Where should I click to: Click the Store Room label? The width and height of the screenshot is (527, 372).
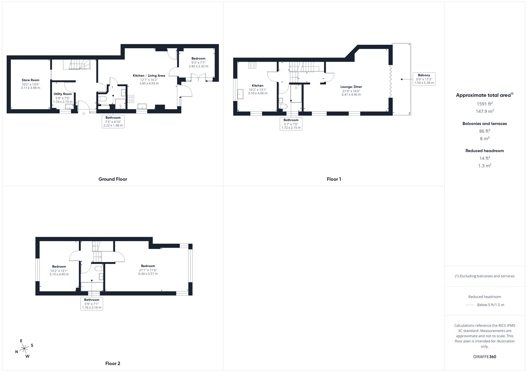[x=30, y=80]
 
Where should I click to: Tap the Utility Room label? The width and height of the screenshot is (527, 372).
[x=63, y=94]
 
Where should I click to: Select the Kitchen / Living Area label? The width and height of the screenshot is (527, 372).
[x=149, y=76]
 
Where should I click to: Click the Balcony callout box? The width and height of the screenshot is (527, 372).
[x=424, y=79]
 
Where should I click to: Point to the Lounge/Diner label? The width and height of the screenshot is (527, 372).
[x=351, y=87]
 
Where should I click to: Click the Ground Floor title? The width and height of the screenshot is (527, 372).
[x=113, y=179]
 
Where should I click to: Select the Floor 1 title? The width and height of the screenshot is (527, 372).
[x=334, y=179]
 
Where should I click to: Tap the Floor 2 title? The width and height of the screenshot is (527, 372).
[x=113, y=363]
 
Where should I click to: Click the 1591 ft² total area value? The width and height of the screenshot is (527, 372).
[x=485, y=104]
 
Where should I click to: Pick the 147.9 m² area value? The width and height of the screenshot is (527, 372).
[x=485, y=111]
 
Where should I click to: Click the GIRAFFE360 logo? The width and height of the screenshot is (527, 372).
[x=485, y=357]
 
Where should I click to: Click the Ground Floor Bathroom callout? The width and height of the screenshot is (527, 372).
[x=113, y=121]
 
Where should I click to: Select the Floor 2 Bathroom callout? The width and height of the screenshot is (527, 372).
[x=92, y=304]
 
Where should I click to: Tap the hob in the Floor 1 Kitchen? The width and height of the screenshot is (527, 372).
[x=252, y=65]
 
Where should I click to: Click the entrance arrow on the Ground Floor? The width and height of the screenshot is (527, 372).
[x=84, y=114]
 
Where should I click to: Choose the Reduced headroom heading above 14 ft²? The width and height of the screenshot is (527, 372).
[x=485, y=151]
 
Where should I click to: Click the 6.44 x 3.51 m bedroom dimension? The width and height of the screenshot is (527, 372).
[x=148, y=274]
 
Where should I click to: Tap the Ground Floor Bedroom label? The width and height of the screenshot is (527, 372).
[x=198, y=59]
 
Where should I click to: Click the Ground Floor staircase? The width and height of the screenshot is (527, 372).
[x=77, y=64]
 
